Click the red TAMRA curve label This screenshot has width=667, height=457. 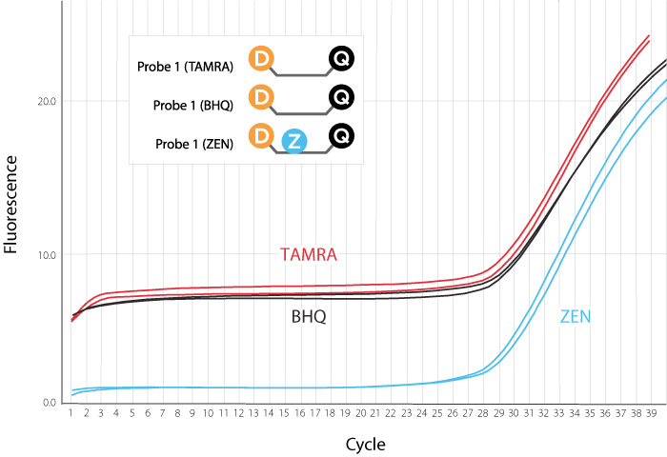click(309, 255)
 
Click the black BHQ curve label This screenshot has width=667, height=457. click(309, 316)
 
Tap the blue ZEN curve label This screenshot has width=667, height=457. click(575, 316)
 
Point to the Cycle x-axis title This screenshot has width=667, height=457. click(366, 444)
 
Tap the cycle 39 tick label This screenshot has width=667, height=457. click(651, 415)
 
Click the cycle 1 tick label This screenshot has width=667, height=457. click(71, 415)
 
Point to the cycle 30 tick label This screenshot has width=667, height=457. click(514, 415)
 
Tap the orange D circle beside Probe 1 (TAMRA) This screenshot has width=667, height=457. click(260, 59)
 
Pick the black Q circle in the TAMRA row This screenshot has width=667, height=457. click(341, 59)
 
